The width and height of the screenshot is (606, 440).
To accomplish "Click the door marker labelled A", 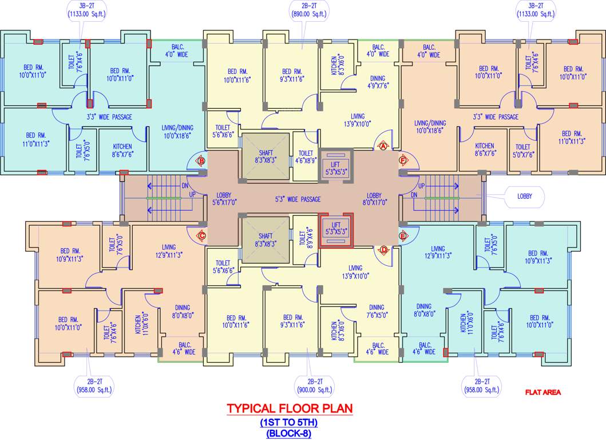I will coord(383,146).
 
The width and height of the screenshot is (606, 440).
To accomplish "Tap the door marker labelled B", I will coord(201,162).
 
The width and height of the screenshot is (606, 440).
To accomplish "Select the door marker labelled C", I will coord(201,235).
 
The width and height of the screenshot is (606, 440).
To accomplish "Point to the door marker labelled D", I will coord(383,249).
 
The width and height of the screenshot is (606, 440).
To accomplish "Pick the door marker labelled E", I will coord(403,235).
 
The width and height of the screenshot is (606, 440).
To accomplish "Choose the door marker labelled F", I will coord(403,161).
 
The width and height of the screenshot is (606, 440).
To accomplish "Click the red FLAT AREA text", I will coord(543,392).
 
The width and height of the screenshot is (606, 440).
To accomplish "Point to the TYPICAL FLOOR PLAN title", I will coord(290,409).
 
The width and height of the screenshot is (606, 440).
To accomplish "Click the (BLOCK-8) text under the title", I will coord(289,434).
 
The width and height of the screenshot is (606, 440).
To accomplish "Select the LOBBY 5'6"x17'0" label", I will coord(224,198).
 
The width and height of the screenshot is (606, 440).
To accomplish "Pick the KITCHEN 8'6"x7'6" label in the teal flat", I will coord(122,150).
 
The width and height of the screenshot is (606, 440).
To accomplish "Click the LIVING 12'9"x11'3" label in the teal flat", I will coord(438,253).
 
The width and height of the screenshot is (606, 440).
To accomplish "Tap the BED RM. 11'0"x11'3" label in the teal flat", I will coord(35,139).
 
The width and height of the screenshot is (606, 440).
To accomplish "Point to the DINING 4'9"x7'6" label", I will coord(377,82).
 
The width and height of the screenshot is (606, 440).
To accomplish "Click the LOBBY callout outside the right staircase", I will coord(525,196).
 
